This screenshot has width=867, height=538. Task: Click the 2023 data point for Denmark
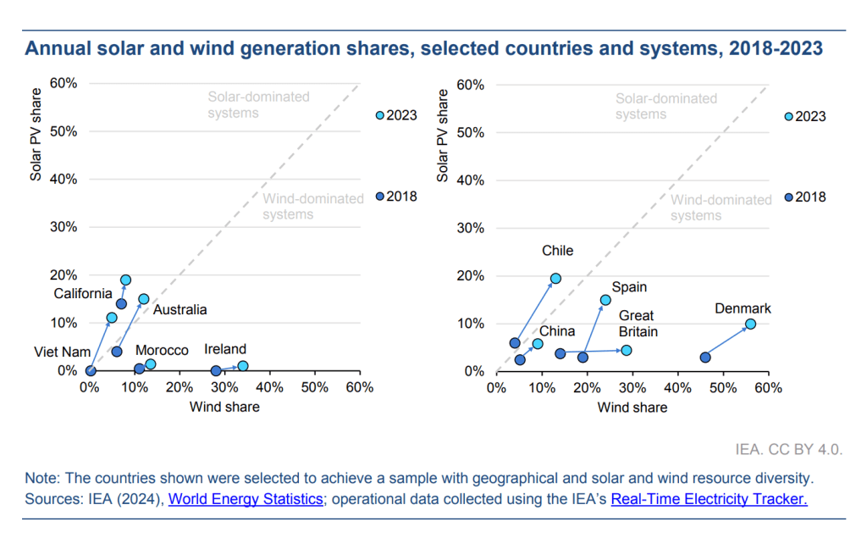coord(750,324)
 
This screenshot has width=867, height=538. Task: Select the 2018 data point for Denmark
coord(705,358)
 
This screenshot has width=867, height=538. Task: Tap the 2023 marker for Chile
coord(555,278)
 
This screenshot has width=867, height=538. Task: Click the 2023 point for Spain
coord(605,300)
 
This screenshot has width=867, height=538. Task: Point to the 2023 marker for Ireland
coord(243,366)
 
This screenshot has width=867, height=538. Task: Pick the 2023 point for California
coord(125,280)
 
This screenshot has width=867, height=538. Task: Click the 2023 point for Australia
coord(144,299)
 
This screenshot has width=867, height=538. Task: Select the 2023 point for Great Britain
coord(627,350)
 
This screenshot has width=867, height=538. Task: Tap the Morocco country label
coord(162,350)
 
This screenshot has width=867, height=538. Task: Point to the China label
coord(556,330)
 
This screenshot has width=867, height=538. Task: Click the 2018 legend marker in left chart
coord(380,197)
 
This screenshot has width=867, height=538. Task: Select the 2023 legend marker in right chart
coord(788,117)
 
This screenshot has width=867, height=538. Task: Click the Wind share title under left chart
coord(224,407)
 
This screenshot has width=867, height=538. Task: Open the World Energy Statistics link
coord(246,499)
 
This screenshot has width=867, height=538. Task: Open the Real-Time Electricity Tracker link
coord(709,499)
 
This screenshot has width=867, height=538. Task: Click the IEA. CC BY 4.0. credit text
coord(789,449)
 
